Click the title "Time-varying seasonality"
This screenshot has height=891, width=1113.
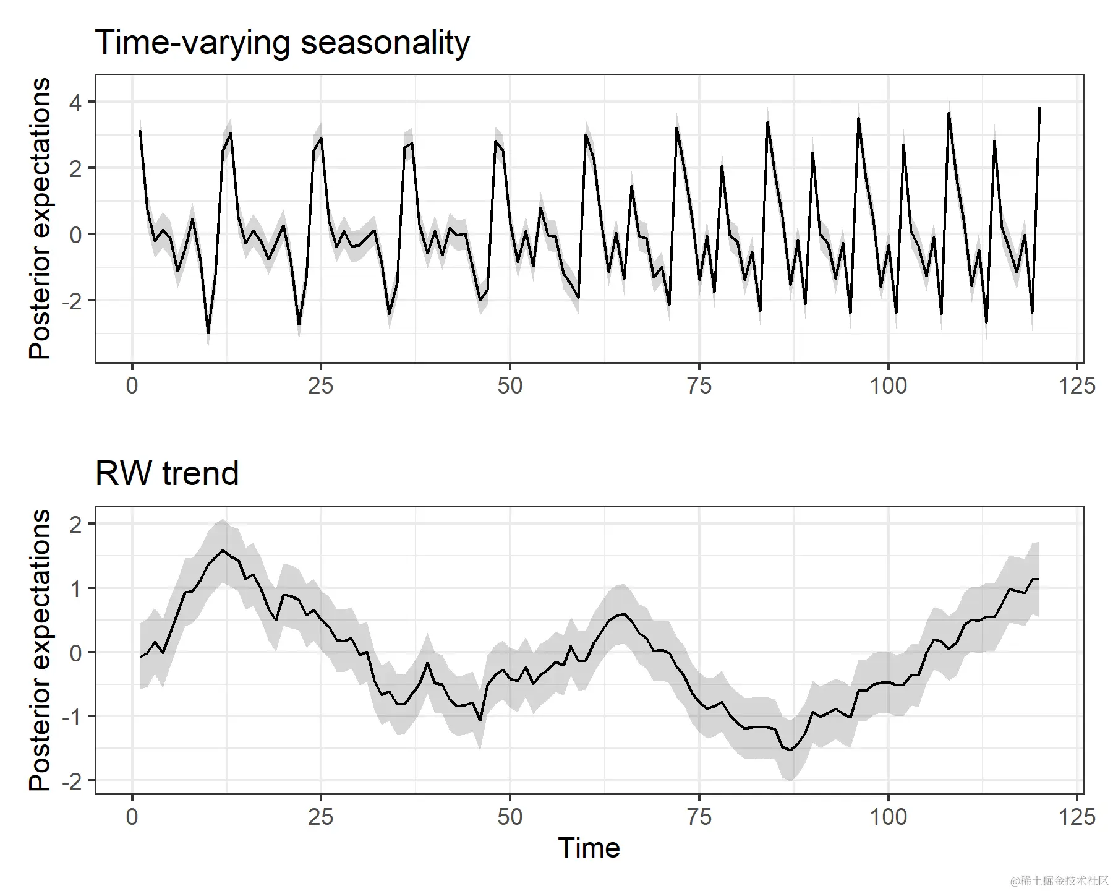pos(283,43)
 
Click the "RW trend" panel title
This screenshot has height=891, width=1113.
pos(167,474)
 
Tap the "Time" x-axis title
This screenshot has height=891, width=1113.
pos(589,848)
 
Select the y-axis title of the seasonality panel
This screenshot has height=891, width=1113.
pos(40,218)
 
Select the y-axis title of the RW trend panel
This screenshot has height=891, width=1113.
pos(40,650)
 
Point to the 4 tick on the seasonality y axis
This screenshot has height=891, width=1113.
pos(75,102)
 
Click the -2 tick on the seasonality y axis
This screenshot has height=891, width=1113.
pos(72,301)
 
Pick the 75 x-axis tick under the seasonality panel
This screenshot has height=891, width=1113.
pos(699,386)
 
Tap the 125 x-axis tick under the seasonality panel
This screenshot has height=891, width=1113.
pos(1077,386)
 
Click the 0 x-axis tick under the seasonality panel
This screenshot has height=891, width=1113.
pos(132,386)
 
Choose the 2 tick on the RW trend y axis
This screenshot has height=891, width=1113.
pos(75,524)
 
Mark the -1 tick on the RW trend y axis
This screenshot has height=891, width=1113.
pos(72,717)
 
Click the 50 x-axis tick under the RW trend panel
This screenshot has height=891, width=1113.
pos(510,817)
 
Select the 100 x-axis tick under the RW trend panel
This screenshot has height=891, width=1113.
pos(888,817)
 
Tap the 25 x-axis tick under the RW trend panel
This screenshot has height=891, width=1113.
pos(320,817)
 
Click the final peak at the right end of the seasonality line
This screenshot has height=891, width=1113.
pos(1039,109)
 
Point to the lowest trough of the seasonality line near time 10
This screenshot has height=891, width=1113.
pos(208,333)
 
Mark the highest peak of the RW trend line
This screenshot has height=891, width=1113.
pos(223,550)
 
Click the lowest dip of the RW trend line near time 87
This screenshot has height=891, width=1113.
pos(790,751)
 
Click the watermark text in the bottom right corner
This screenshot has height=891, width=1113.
pos(1059,880)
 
